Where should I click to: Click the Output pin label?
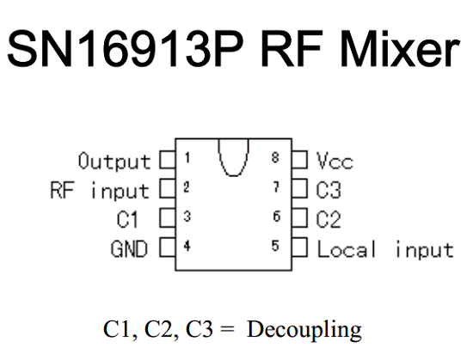coord(114,162)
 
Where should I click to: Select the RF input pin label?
coord(100,191)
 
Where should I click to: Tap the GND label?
coord(129,249)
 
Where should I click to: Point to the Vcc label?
coord(335,161)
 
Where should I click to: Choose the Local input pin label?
coord(385,249)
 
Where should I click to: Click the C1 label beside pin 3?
coord(127,219)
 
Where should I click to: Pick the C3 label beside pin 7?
coord(329,190)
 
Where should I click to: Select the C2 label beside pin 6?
coord(329,219)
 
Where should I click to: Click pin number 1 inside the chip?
coord(187,157)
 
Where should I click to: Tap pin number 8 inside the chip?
coord(275,157)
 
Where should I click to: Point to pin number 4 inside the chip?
coord(187,246)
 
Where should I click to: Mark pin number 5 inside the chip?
coord(275,246)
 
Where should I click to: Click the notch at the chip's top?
coord(233,175)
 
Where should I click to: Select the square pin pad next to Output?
coord(168,160)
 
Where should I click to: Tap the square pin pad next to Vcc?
coord(299,160)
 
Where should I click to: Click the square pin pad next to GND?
coord(168,247)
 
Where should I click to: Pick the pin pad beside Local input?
coord(299,247)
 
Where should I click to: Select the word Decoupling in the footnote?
coord(304,330)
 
